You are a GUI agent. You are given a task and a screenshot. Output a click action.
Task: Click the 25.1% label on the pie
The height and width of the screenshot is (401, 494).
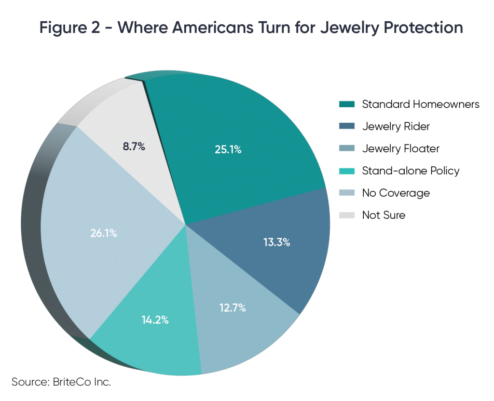click(x=228, y=150)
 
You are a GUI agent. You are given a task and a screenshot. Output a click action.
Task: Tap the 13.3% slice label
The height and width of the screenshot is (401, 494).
click(x=276, y=243)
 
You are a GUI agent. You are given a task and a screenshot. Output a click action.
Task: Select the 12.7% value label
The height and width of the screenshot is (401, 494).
click(x=232, y=307)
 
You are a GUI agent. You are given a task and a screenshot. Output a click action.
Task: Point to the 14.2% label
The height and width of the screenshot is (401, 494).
click(x=155, y=320)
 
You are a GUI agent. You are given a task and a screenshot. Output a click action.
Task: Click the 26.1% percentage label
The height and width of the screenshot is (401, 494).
click(x=103, y=233)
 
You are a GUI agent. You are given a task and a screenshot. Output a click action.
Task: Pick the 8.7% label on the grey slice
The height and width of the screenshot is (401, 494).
click(x=134, y=146)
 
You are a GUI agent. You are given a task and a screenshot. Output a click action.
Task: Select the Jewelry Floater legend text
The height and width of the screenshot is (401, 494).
click(x=400, y=149)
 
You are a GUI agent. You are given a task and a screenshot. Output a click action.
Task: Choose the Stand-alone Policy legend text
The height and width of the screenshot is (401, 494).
click(x=411, y=171)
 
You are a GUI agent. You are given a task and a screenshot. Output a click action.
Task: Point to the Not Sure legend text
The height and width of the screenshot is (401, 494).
click(x=384, y=215)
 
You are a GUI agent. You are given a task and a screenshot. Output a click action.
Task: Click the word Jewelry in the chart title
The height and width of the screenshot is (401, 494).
click(x=328, y=27)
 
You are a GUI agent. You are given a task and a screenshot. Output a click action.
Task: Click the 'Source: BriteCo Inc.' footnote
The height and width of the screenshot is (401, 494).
click(x=61, y=382)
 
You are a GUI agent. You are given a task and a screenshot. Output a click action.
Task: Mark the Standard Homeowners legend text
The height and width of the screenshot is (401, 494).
click(x=421, y=104)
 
